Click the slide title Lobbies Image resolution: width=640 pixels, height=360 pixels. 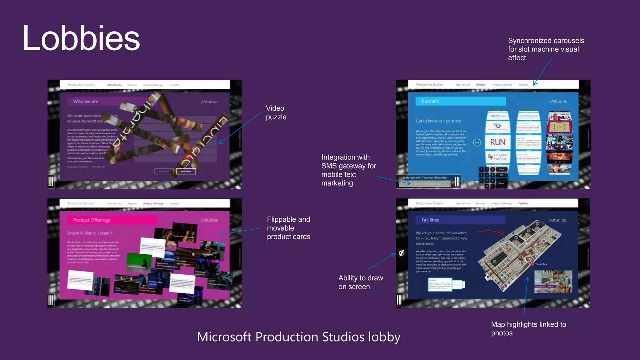click(81, 38)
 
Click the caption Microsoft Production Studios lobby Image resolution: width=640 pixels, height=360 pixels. click(298, 337)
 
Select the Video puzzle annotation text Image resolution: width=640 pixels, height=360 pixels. click(276, 112)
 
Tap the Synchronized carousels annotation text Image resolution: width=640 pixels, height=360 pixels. click(546, 49)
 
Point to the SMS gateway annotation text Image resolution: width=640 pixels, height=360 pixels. click(348, 170)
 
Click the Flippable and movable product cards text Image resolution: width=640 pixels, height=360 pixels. click(288, 228)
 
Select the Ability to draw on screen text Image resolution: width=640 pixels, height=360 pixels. click(360, 282)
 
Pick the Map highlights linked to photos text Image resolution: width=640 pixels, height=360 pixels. click(528, 328)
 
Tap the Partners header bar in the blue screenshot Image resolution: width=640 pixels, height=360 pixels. click(460, 101)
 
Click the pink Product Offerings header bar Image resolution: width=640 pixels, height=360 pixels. click(112, 220)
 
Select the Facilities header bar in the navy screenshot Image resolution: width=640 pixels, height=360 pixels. click(460, 220)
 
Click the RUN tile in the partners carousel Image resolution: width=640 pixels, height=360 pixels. click(497, 142)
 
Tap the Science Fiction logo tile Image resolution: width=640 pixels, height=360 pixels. click(497, 157)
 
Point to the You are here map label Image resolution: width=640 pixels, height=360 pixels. click(541, 264)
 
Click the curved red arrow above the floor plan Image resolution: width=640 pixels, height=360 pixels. click(490, 232)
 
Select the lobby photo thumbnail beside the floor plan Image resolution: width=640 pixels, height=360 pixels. click(553, 282)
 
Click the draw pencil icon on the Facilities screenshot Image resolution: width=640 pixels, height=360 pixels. click(402, 253)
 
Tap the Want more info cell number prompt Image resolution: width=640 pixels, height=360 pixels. click(425, 178)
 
